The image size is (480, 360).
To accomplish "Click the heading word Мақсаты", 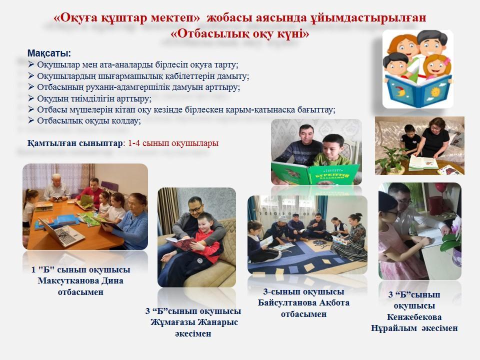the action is pyautogui.click(x=49, y=53).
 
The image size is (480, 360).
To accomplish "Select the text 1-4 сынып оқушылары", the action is pyautogui.click(x=173, y=143).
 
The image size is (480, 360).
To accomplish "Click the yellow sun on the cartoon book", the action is pyautogui.click(x=435, y=92).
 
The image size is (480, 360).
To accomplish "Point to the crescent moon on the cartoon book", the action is pyautogui.click(x=400, y=91).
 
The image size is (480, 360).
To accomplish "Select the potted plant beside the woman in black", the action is pyautogui.click(x=391, y=159).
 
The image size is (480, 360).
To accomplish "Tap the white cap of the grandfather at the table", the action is pyautogui.click(x=56, y=176).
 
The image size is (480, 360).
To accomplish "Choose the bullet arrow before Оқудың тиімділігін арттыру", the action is pyautogui.click(x=31, y=98).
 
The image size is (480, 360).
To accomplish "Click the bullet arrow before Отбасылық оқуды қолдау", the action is pyautogui.click(x=31, y=120).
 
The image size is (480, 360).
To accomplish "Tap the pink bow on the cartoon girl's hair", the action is pyautogui.click(x=446, y=61).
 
